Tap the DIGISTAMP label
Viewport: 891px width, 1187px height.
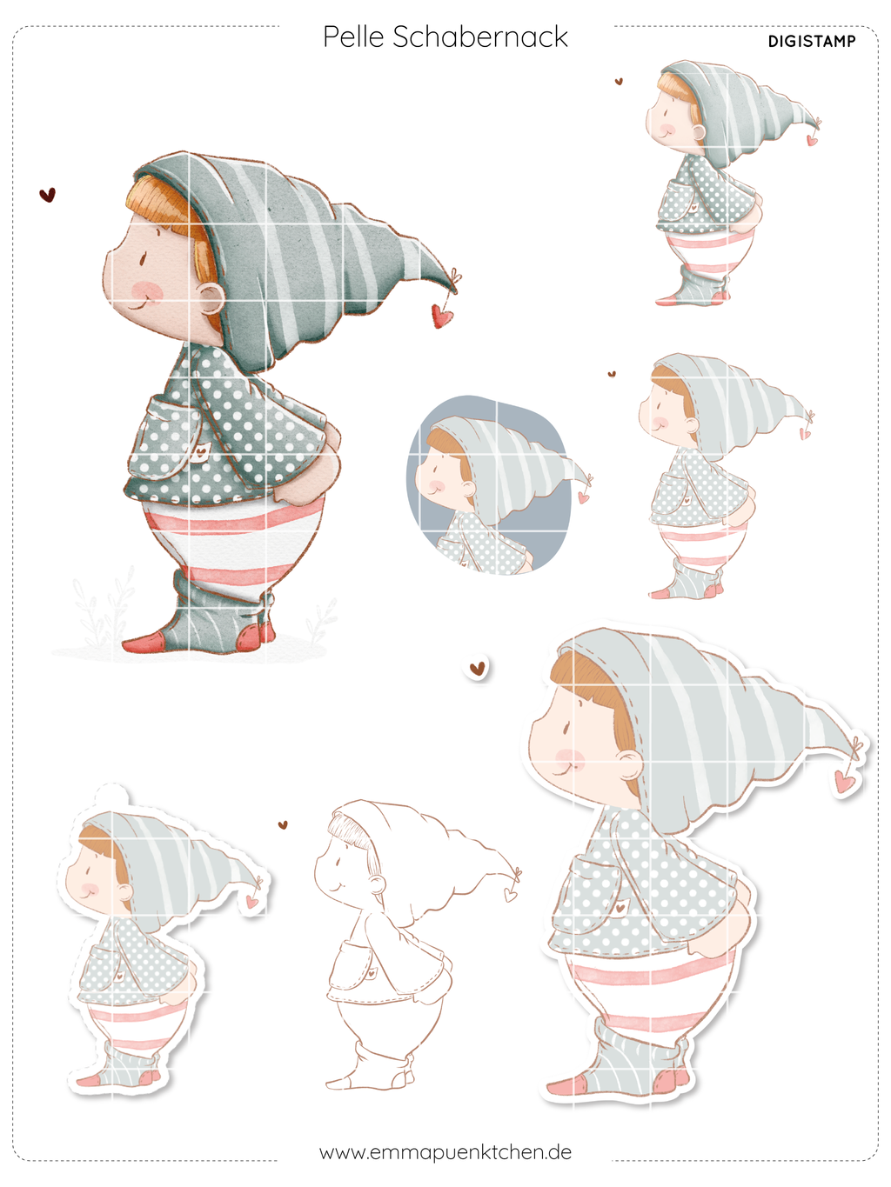812,42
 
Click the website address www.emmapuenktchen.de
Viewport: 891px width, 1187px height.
445,1152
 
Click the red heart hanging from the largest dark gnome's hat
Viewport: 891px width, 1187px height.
442,316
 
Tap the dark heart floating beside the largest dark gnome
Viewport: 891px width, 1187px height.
48,195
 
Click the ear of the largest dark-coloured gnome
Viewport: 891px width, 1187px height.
211,301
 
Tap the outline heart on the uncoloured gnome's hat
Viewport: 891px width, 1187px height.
510,895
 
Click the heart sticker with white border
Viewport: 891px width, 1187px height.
477,669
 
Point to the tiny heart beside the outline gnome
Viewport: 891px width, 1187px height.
283,825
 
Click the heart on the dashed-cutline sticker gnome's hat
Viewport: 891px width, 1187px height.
251,902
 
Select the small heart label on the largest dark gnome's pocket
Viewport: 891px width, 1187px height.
203,449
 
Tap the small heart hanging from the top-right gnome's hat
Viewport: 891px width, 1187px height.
812,141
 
